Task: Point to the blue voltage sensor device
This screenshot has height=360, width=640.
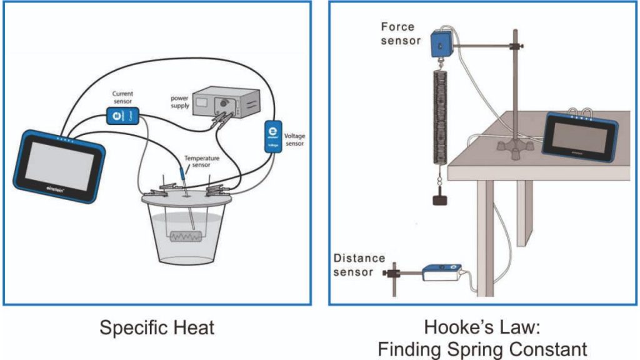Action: pyautogui.click(x=271, y=136)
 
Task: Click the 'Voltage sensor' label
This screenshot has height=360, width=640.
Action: pyautogui.click(x=296, y=140)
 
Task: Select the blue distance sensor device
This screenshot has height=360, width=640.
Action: pyautogui.click(x=441, y=272)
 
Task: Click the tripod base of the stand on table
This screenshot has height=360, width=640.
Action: pyautogui.click(x=514, y=147)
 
